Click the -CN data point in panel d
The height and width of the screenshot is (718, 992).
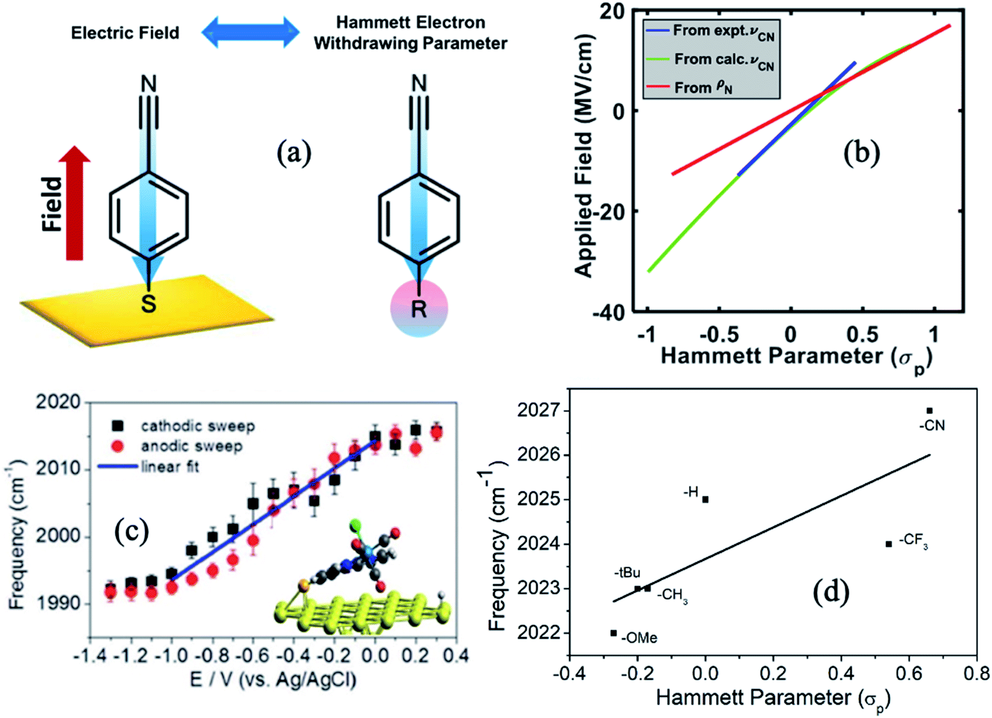[x=929, y=411]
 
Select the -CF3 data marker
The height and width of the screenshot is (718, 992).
[x=888, y=544]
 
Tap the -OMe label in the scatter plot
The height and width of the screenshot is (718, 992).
[x=639, y=638]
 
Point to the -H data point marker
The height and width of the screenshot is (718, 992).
[x=705, y=499]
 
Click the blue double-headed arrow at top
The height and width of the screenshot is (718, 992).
[x=250, y=32]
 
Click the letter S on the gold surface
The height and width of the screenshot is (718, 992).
[x=148, y=304]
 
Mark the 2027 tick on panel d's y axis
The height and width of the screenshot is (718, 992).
[x=537, y=411]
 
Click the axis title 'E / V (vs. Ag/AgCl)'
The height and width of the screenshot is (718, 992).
[x=273, y=680]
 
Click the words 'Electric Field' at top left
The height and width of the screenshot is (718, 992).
[x=125, y=32]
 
